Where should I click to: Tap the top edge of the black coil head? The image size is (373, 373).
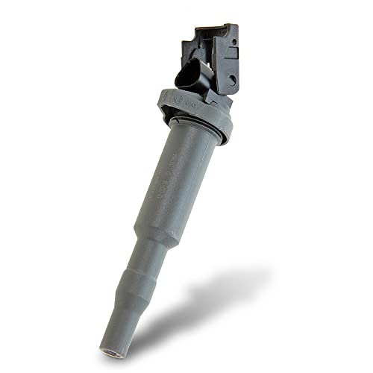(x=216, y=28)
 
